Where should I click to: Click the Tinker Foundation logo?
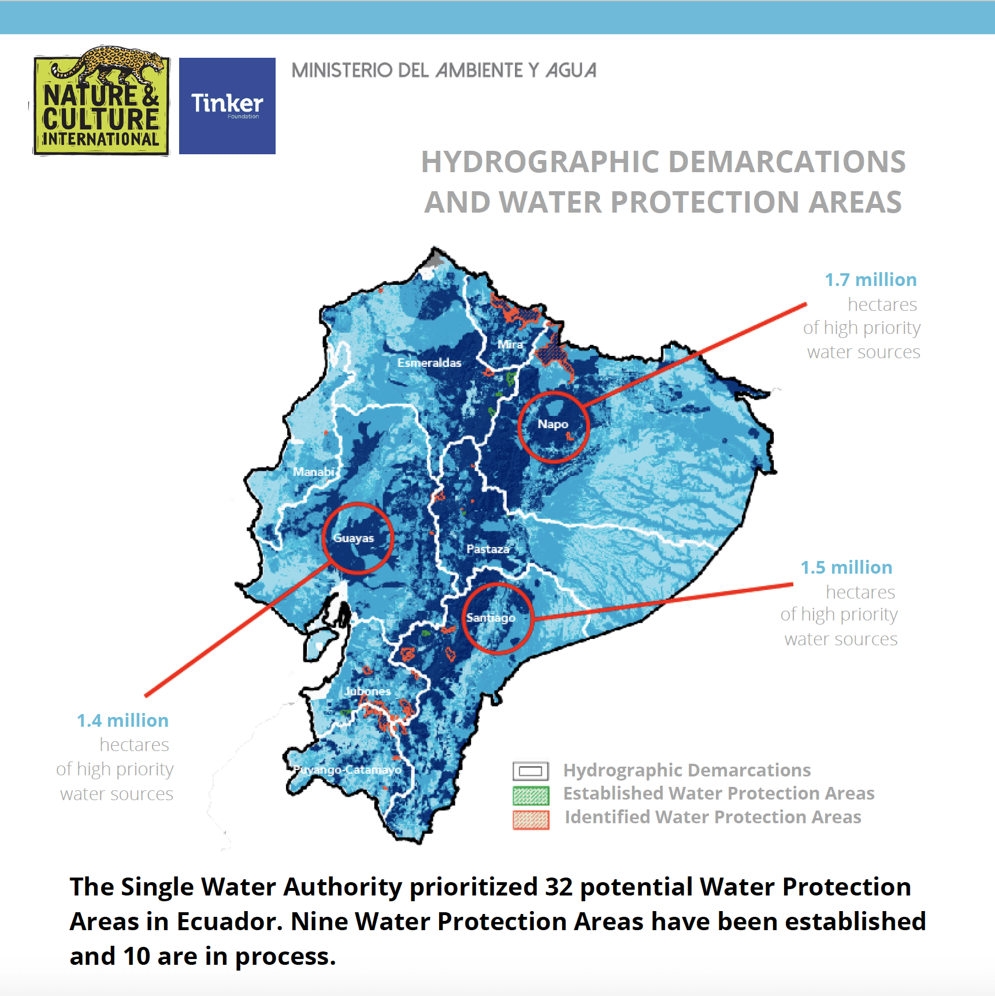[x=227, y=106]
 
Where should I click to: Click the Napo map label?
[x=553, y=424]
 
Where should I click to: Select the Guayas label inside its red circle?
[x=354, y=538]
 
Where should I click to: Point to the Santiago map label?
[x=491, y=618]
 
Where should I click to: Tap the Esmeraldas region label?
[x=429, y=363]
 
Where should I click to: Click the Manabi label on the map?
[x=313, y=472]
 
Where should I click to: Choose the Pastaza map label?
[x=488, y=549]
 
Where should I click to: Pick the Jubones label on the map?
[x=367, y=691]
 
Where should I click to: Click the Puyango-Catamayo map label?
[x=348, y=770]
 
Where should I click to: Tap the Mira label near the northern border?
[x=510, y=344]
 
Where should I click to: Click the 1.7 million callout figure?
[x=870, y=280]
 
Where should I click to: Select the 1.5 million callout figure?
[x=846, y=567]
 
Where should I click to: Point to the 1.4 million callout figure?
[x=122, y=720]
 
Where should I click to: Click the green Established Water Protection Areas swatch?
[x=530, y=796]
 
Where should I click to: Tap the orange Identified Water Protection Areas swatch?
[x=530, y=819]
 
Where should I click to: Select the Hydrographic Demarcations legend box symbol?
[x=530, y=771]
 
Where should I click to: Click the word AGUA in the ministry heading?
[x=571, y=70]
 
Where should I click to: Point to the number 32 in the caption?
[x=558, y=887]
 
